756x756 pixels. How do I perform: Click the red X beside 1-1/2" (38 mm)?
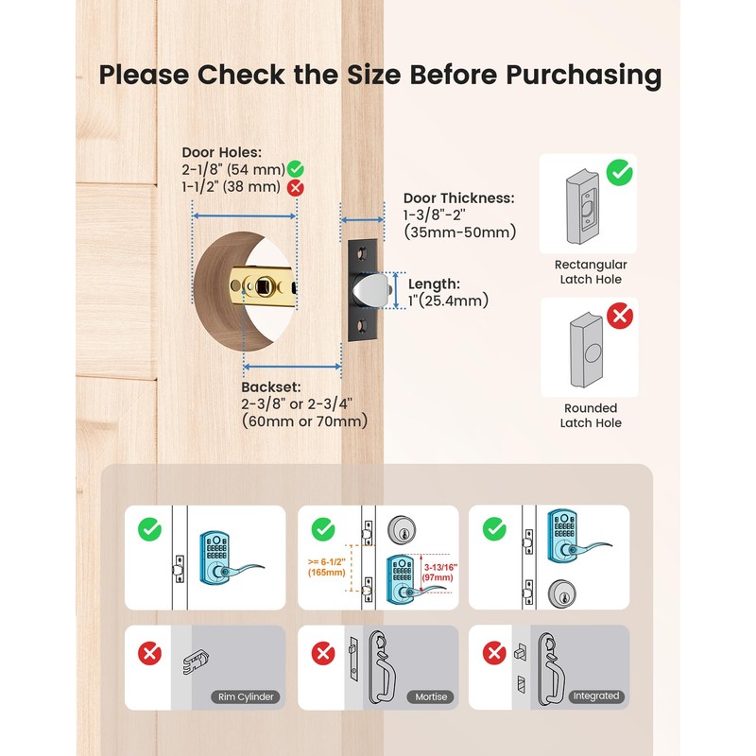(296, 187)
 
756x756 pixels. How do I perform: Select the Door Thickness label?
(458, 198)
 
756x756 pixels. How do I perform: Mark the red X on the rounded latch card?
(620, 317)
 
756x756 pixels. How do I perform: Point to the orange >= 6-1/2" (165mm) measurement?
(324, 566)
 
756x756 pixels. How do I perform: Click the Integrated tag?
(595, 696)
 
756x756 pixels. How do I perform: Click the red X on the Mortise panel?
(322, 652)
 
